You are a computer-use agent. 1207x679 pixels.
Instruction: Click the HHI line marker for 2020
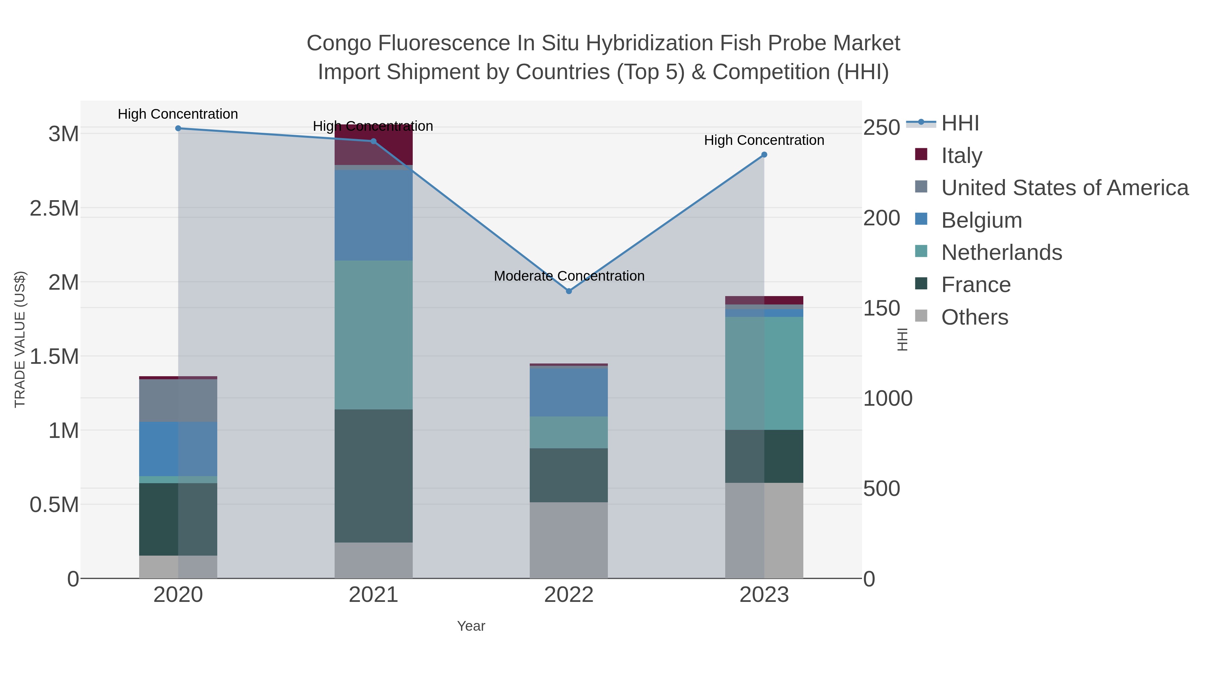pyautogui.click(x=178, y=128)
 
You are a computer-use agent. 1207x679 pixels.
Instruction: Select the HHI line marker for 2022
pyautogui.click(x=569, y=291)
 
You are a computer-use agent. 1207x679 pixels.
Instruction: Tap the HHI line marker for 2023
pyautogui.click(x=764, y=155)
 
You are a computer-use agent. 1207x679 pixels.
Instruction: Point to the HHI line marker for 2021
pyautogui.click(x=373, y=141)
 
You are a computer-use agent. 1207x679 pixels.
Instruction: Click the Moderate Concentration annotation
pyautogui.click(x=569, y=276)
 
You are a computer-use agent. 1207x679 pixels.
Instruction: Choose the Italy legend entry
pyautogui.click(x=962, y=156)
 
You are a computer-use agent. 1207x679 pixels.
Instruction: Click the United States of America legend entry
pyautogui.click(x=1065, y=188)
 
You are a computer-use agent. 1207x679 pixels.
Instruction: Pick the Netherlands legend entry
pyautogui.click(x=1001, y=252)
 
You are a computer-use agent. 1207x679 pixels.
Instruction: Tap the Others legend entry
pyautogui.click(x=975, y=317)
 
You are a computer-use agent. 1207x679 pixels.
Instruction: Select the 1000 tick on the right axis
pyautogui.click(x=887, y=398)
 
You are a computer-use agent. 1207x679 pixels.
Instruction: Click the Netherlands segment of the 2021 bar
pyautogui.click(x=373, y=335)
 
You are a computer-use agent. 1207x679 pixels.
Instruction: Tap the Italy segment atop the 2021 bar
pyautogui.click(x=373, y=145)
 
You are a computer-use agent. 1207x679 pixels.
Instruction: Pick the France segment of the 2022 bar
pyautogui.click(x=569, y=475)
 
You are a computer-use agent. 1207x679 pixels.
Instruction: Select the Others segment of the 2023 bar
pyautogui.click(x=764, y=530)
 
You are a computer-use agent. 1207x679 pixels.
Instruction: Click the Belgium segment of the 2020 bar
pyautogui.click(x=178, y=449)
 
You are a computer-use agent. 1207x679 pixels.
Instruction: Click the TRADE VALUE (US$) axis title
pyautogui.click(x=20, y=339)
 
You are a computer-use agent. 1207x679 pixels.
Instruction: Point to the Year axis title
pyautogui.click(x=471, y=626)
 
